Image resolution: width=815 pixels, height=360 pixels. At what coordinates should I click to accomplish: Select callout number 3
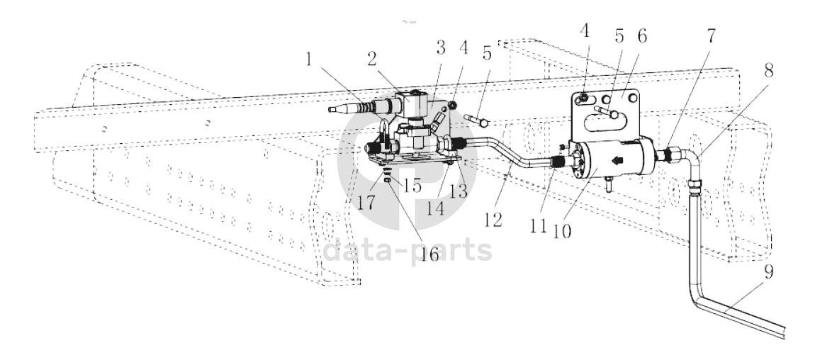[x=441, y=49]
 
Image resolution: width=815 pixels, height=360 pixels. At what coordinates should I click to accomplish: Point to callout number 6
[x=642, y=37]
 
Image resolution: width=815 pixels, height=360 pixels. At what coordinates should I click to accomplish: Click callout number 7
[x=711, y=36]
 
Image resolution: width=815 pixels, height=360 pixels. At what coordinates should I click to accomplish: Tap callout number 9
[x=768, y=272]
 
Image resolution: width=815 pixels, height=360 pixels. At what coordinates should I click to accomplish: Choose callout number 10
[x=562, y=230]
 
